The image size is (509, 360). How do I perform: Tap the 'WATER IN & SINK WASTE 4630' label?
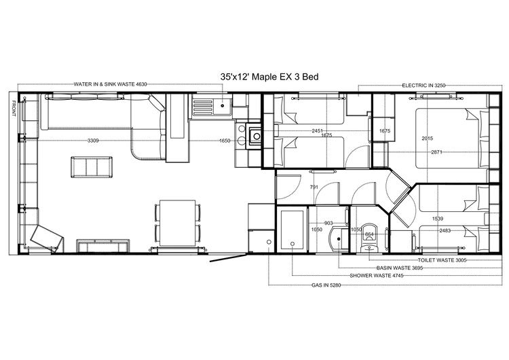click(111, 84)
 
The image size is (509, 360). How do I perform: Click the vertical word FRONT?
click(12, 109)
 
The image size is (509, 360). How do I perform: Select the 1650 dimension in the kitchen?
click(225, 141)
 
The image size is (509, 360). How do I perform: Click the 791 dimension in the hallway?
click(314, 187)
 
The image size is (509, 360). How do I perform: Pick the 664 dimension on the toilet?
click(369, 234)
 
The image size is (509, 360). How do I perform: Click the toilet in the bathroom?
click(369, 234)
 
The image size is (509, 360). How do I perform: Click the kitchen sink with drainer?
click(212, 105)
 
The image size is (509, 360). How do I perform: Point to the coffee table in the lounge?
click(91, 166)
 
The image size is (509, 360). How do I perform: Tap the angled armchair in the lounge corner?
click(46, 237)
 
